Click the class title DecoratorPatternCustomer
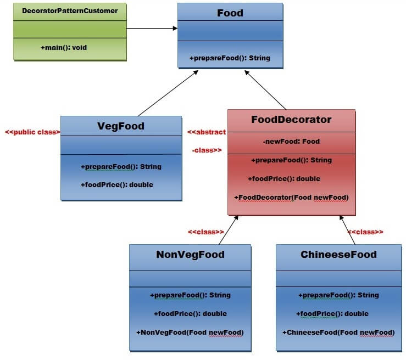tap(70, 10)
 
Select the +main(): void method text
tap(64, 48)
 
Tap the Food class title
tap(230, 13)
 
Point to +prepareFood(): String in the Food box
tap(230, 58)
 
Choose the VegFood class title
tap(120, 126)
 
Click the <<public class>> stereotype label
tap(32, 132)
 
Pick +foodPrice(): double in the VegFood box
tap(116, 184)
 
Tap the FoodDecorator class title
tap(291, 119)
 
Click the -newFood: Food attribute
tap(291, 141)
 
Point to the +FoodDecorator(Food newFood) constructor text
tap(291, 197)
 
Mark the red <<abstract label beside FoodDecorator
tap(207, 132)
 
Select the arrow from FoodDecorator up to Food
tap(266, 91)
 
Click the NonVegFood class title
tap(190, 254)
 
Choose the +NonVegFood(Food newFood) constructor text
tap(190, 332)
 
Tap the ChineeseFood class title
tap(338, 254)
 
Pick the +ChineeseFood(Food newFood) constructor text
tap(338, 332)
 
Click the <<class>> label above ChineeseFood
tap(365, 232)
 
